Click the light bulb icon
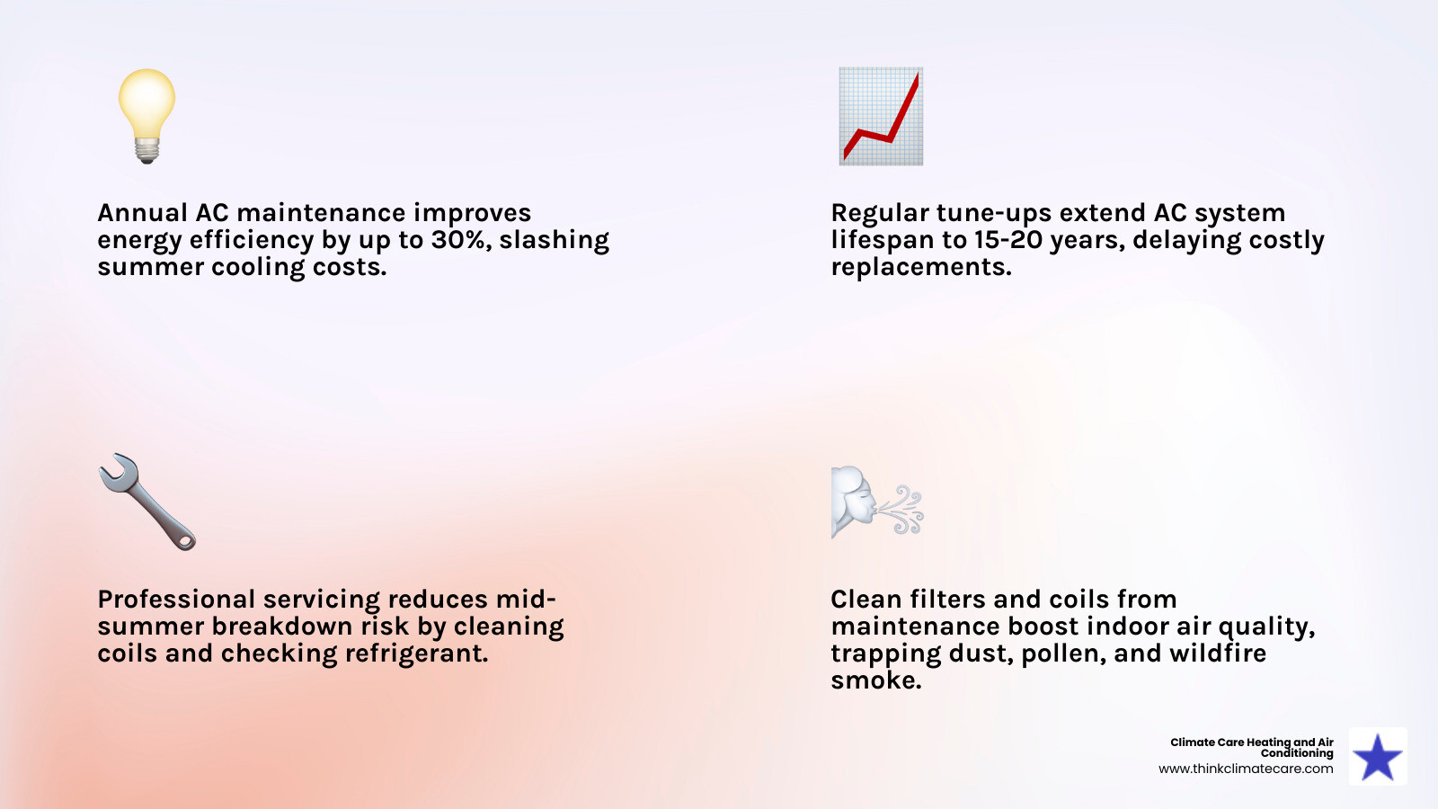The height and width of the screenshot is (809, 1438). tap(146, 115)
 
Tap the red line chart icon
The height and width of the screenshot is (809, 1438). tap(881, 116)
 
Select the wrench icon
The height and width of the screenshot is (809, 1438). tap(146, 502)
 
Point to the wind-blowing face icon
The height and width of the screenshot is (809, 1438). tap(876, 502)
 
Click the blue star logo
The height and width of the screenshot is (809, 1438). tap(1378, 757)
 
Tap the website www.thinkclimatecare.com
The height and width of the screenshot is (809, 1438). tap(1246, 769)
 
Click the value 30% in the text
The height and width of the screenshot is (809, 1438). tap(460, 240)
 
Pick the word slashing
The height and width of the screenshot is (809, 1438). tap(554, 240)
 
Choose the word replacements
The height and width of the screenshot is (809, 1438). tap(920, 267)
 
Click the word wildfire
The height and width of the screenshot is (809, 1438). tap(1218, 653)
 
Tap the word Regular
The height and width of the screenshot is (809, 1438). tap(880, 213)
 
